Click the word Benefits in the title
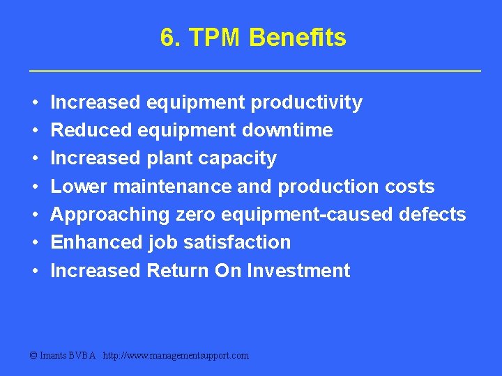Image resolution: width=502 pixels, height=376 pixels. pyautogui.click(x=297, y=38)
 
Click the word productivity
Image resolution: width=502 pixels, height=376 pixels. pyautogui.click(x=306, y=103)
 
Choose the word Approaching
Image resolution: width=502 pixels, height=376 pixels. pyautogui.click(x=110, y=214)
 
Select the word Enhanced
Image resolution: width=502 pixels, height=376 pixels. pyautogui.click(x=97, y=242)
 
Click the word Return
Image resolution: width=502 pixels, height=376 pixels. pyautogui.click(x=177, y=270)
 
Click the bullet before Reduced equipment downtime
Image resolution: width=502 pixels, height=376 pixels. pyautogui.click(x=35, y=131)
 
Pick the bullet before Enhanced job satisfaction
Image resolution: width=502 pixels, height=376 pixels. pyautogui.click(x=35, y=242)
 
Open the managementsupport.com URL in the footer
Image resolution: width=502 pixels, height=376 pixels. pyautogui.click(x=175, y=355)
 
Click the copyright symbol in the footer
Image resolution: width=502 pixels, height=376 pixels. pyautogui.click(x=34, y=355)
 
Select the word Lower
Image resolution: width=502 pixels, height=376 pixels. pyautogui.click(x=79, y=187)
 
